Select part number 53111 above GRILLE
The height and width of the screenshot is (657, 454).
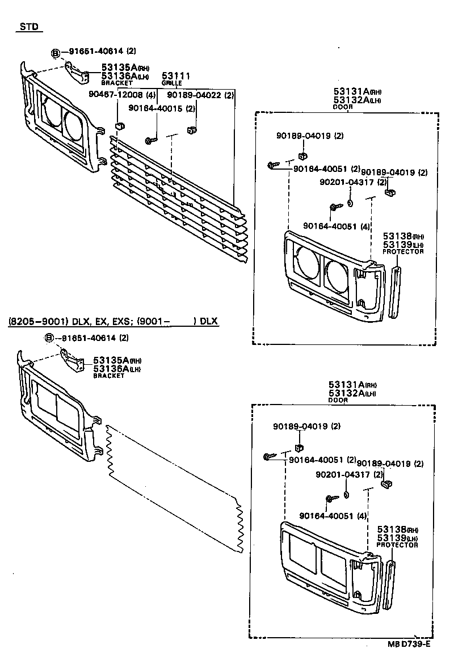pyautogui.click(x=176, y=75)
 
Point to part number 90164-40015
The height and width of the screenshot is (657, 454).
pyautogui.click(x=156, y=108)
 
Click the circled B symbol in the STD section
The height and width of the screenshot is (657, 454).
pyautogui.click(x=56, y=53)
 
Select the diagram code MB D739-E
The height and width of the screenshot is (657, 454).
pyautogui.click(x=409, y=644)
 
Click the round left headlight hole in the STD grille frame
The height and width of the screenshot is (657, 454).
pyautogui.click(x=49, y=112)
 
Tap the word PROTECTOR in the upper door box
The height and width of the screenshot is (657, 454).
pyautogui.click(x=403, y=251)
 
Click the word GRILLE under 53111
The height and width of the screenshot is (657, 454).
pyautogui.click(x=171, y=83)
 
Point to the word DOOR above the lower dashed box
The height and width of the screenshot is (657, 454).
pyautogui.click(x=338, y=400)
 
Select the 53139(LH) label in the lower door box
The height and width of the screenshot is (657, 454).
pyautogui.click(x=396, y=538)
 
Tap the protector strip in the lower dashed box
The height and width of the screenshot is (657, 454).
pyautogui.click(x=389, y=584)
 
